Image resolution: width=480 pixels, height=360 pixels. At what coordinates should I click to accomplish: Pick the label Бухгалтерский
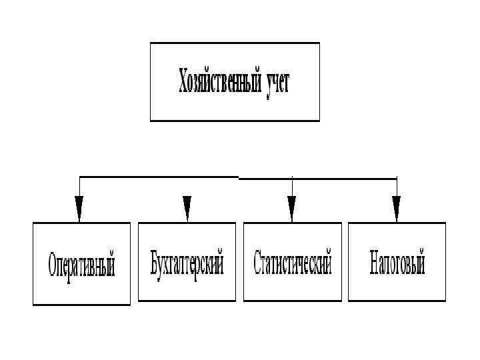tap(187, 263)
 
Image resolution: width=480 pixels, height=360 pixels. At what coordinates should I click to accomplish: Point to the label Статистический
tap(292, 263)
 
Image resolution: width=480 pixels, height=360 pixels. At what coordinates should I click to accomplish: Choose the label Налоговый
tap(397, 263)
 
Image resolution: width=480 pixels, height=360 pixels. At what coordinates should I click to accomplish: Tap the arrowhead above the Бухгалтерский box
tap(187, 208)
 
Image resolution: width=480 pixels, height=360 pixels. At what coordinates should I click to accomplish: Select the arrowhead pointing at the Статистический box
tap(291, 208)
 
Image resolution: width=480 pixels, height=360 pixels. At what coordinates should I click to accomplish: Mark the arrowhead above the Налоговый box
tap(396, 208)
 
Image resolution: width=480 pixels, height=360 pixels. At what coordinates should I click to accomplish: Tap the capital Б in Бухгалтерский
tap(155, 263)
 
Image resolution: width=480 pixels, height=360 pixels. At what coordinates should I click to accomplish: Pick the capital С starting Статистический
tap(257, 263)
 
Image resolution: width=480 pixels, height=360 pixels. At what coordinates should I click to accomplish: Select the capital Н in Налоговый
tap(374, 263)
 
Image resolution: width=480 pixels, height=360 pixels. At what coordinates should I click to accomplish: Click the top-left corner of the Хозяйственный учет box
tap(151, 43)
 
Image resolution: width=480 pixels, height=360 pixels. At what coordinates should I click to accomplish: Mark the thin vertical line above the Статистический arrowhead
tap(291, 187)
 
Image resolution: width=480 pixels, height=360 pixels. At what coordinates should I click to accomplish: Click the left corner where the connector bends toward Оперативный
tap(79, 177)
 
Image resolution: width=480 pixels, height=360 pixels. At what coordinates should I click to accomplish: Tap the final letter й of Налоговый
tap(421, 262)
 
